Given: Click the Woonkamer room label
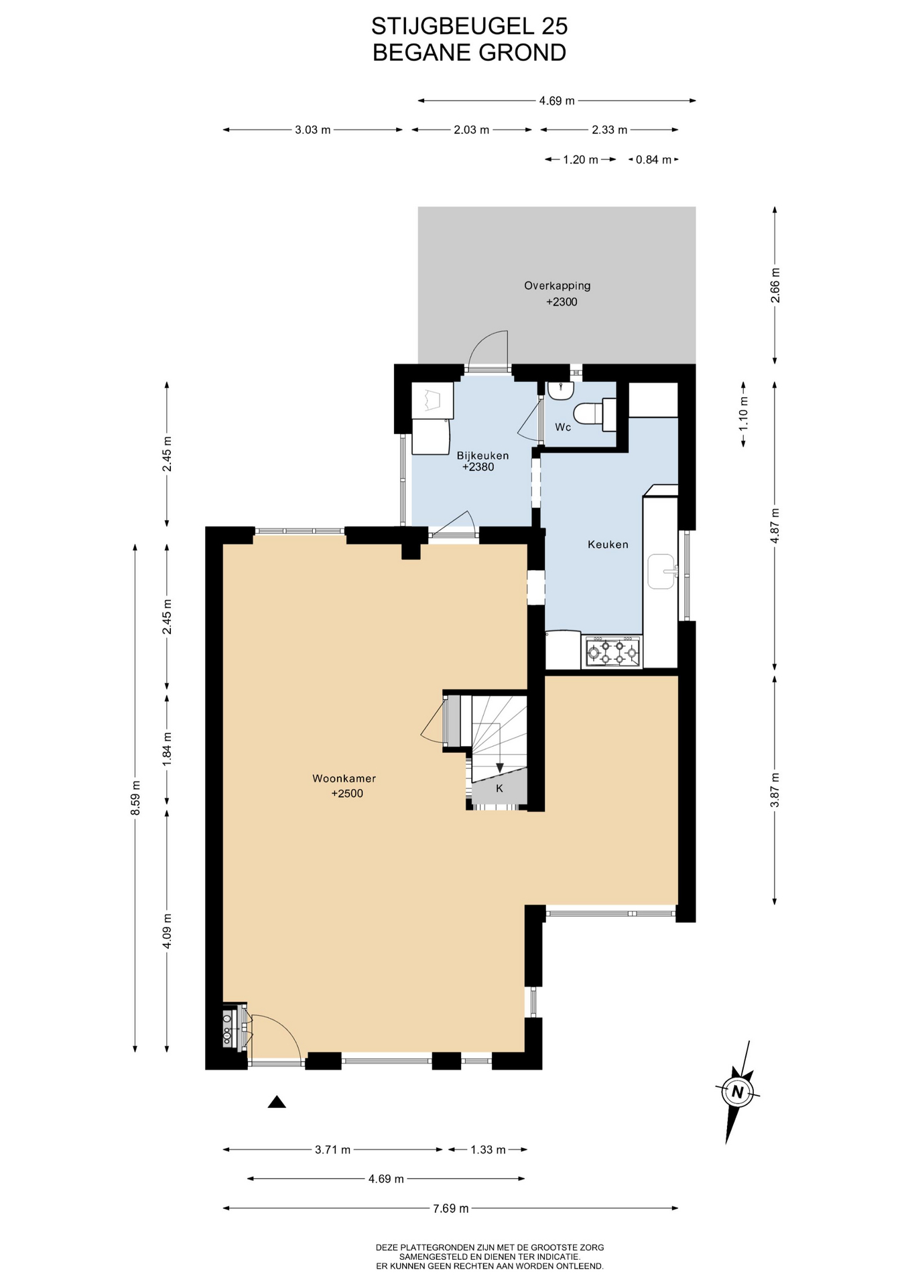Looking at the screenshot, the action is [344, 778].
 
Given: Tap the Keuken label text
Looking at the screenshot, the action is [608, 545].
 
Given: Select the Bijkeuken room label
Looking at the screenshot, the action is [482, 455].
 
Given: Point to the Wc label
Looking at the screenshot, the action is [563, 427].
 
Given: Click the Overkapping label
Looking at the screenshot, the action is [558, 286].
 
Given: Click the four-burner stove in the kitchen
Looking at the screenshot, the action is [612, 652].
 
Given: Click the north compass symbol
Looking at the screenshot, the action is [737, 1092].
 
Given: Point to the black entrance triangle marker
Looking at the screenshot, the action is [277, 1102].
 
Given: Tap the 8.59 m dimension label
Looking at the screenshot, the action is [135, 798].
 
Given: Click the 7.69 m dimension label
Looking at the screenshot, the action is [450, 1208].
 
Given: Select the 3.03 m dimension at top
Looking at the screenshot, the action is [313, 130].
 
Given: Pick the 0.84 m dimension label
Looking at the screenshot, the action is [653, 160].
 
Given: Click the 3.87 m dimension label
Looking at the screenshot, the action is [775, 790].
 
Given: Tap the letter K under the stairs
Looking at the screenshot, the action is [499, 789].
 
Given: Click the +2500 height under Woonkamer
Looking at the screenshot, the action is [347, 794].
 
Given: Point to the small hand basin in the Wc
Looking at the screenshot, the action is [560, 390].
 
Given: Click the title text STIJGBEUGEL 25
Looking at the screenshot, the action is [470, 26].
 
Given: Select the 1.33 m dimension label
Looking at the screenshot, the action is [488, 1150].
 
